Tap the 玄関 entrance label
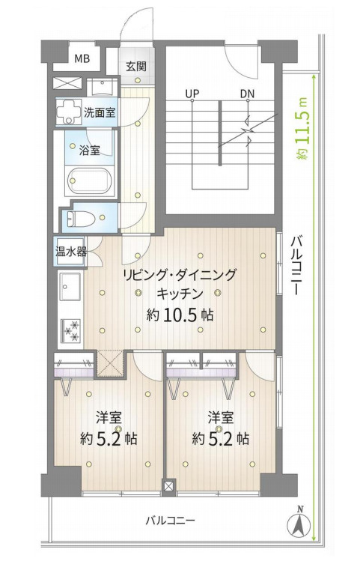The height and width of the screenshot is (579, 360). pyautogui.click(x=135, y=65)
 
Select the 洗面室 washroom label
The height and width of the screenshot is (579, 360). pyautogui.click(x=98, y=113)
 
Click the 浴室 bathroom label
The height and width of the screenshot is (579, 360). pyautogui.click(x=90, y=150)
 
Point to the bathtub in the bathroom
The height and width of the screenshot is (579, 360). pyautogui.click(x=89, y=181)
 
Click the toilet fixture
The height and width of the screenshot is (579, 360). pyautogui.click(x=79, y=218)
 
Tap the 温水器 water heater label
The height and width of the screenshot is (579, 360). pyautogui.click(x=71, y=252)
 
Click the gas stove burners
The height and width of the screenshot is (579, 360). pyautogui.click(x=72, y=330)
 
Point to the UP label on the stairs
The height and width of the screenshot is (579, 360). pyautogui.click(x=192, y=94)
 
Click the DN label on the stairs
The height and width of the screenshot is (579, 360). pyautogui.click(x=247, y=94)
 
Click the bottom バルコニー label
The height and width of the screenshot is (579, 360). pyautogui.click(x=171, y=519)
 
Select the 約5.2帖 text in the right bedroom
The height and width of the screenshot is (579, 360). pyautogui.click(x=220, y=439)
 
